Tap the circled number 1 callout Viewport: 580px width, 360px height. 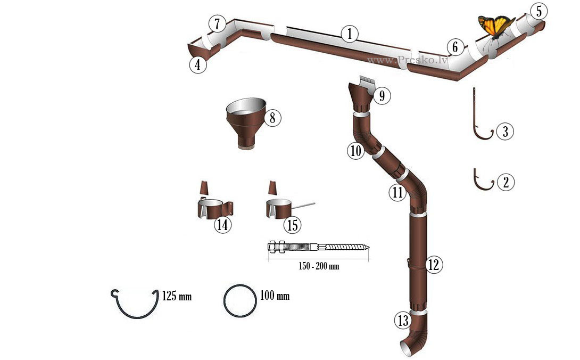click(x=350, y=34)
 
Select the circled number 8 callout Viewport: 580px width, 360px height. click(x=272, y=118)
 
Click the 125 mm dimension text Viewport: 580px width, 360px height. click(x=177, y=296)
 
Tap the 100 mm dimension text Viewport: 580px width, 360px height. click(x=275, y=296)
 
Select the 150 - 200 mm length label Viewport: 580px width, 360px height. click(x=319, y=266)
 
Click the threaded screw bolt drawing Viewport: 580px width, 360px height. click(x=319, y=247)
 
